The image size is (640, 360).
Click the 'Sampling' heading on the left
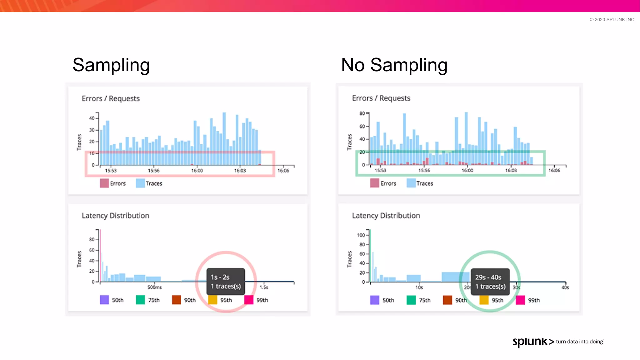tap(111, 65)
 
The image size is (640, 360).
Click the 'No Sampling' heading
tap(394, 65)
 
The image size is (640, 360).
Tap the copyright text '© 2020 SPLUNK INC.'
tap(612, 20)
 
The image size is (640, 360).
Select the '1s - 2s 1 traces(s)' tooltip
tap(226, 282)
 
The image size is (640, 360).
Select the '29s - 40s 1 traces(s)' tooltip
tap(490, 282)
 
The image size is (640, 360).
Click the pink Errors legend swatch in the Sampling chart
tap(104, 183)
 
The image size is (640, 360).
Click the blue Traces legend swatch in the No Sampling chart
tap(411, 183)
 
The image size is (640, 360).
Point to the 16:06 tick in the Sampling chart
tap(283, 171)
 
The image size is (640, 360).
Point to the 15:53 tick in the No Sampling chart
tap(380, 171)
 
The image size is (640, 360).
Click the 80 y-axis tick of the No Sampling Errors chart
tap(362, 113)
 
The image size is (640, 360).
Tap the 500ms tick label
tap(154, 287)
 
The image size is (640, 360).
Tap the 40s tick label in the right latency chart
tap(565, 287)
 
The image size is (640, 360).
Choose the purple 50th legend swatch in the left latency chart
tap(104, 300)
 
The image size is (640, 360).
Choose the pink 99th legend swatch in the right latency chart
tap(520, 300)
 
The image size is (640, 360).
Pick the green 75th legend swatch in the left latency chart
tap(140, 300)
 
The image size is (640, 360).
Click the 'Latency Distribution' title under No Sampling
tap(386, 216)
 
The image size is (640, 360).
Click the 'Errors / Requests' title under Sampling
tap(111, 98)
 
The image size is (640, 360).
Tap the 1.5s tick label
tap(264, 287)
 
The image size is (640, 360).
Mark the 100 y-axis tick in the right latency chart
tap(361, 235)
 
